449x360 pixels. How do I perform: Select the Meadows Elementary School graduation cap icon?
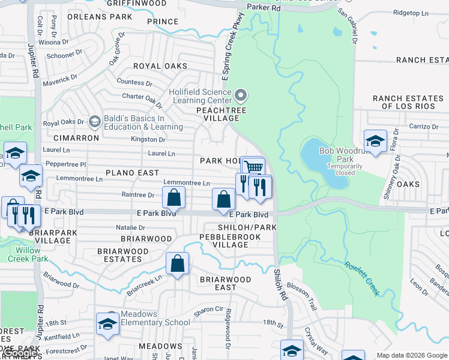click(x=107, y=323)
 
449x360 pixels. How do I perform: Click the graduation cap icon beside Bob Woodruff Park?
click(x=375, y=141)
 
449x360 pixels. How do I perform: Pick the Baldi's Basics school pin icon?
click(x=94, y=122)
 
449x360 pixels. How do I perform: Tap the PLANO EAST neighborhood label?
click(x=133, y=172)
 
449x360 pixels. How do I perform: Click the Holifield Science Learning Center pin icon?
click(x=241, y=95)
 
